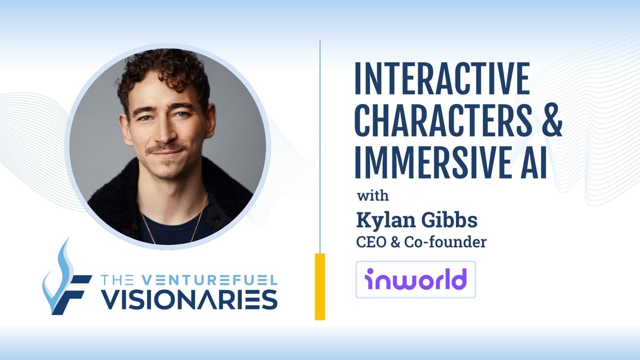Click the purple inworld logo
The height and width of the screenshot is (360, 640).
[415, 279]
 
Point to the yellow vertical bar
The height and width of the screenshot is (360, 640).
[320, 286]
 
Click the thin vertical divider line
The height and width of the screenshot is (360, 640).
[320, 140]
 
